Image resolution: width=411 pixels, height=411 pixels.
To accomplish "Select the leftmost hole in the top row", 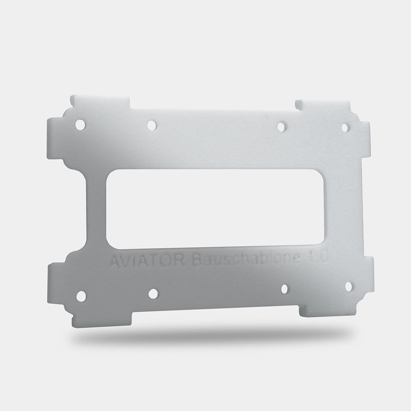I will click(x=80, y=125).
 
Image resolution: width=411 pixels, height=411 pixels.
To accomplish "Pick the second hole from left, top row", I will click(x=152, y=125).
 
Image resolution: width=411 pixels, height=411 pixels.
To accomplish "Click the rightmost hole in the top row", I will click(x=346, y=127).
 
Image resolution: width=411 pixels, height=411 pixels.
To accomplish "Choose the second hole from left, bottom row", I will click(x=153, y=294).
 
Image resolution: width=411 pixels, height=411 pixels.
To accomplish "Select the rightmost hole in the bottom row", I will click(x=348, y=286).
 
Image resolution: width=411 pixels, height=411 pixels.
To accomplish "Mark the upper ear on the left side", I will click(x=55, y=138).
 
